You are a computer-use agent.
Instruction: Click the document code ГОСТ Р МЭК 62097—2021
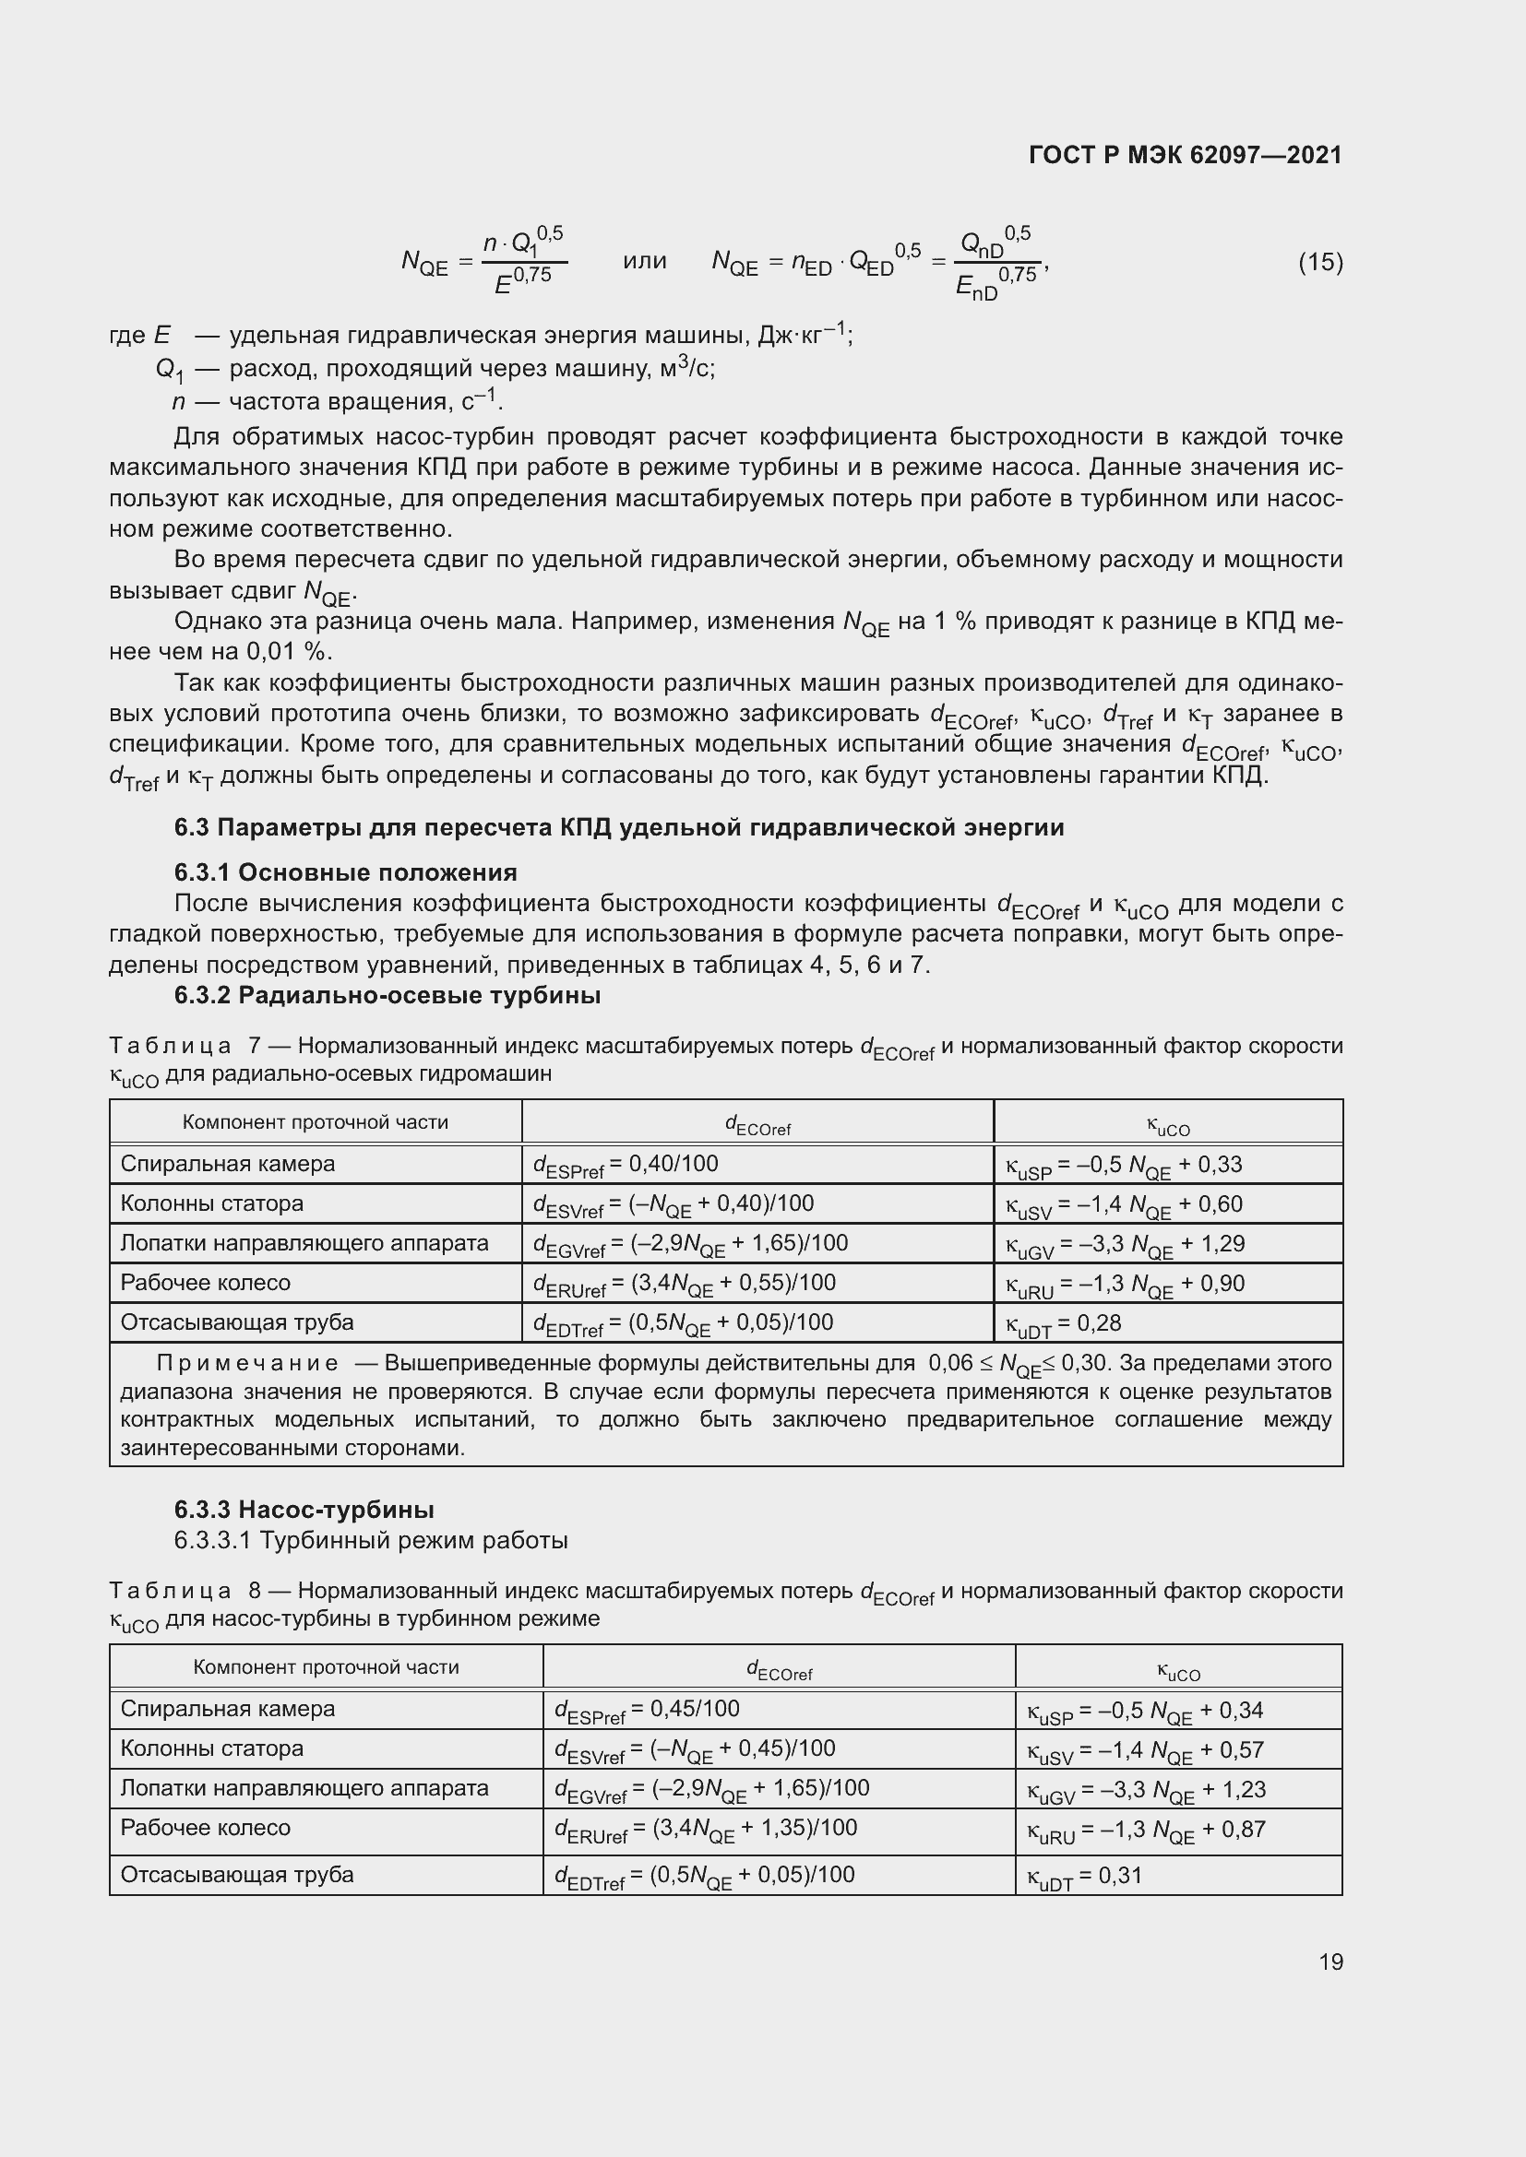[1185, 155]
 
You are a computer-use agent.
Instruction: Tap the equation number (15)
[1320, 262]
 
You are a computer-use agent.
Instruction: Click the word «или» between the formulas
[645, 261]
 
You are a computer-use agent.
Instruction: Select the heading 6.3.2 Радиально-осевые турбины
[387, 996]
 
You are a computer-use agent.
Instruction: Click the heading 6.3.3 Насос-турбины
[304, 1510]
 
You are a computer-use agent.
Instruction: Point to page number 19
[1330, 1961]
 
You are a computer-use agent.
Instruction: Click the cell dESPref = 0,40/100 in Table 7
[626, 1165]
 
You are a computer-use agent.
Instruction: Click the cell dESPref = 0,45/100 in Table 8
[647, 1710]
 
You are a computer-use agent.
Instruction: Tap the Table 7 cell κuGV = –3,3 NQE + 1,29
[1125, 1245]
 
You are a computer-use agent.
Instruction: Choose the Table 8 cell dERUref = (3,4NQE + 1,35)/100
[706, 1828]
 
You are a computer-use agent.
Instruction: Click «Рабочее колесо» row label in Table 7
[206, 1284]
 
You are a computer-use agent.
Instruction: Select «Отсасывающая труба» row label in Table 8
[237, 1875]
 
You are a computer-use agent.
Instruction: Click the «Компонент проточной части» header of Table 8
[326, 1667]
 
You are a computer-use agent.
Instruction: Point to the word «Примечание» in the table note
[247, 1363]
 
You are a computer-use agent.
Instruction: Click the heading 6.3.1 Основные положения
[345, 872]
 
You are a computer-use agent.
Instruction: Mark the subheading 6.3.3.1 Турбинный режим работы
[370, 1541]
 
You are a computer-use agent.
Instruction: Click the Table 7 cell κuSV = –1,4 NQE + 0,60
[1124, 1205]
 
